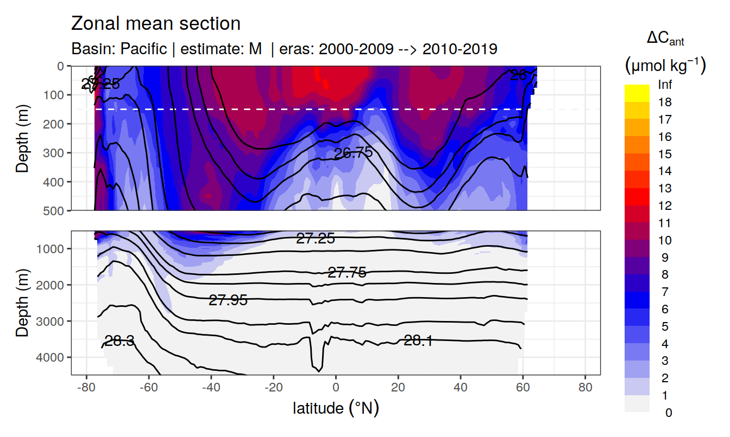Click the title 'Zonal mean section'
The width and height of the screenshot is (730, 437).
click(x=156, y=24)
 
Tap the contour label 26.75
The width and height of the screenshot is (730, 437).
click(x=353, y=153)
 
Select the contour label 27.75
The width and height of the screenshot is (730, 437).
click(x=347, y=273)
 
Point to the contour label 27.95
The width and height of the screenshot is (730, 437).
click(x=228, y=300)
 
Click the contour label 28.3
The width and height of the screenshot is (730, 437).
click(x=119, y=341)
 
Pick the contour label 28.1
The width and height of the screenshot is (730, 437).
click(x=418, y=340)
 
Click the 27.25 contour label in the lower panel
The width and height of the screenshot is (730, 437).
click(x=315, y=238)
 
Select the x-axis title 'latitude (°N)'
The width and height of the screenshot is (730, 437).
click(x=336, y=408)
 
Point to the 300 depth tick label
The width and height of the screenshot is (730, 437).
click(x=54, y=153)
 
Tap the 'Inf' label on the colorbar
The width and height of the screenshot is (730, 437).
click(x=664, y=85)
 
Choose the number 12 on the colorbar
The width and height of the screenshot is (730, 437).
click(x=664, y=206)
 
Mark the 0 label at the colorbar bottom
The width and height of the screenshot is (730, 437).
click(x=668, y=413)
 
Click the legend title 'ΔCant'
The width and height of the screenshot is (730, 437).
click(x=665, y=39)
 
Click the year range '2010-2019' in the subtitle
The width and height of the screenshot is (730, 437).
click(x=460, y=49)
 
